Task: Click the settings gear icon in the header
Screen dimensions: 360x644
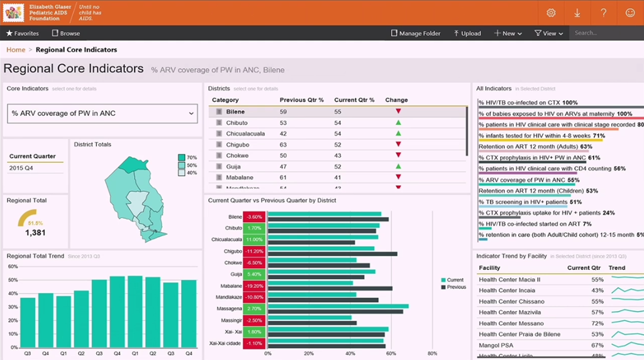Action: click(551, 13)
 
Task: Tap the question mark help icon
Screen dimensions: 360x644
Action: click(603, 13)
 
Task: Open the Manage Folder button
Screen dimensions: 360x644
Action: click(416, 33)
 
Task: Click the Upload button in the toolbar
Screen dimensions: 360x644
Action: click(467, 33)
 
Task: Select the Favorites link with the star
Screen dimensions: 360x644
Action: click(22, 33)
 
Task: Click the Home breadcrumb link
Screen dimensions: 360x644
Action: click(16, 50)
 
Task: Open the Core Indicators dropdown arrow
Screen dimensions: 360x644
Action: click(192, 113)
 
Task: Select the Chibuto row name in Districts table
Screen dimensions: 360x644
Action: click(236, 123)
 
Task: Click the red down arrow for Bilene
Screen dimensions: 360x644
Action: click(398, 111)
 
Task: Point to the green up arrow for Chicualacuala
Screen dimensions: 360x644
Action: click(398, 133)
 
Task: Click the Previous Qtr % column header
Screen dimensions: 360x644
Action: click(301, 100)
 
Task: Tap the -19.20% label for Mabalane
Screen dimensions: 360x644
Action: click(255, 286)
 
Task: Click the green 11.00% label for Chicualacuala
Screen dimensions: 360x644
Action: click(255, 240)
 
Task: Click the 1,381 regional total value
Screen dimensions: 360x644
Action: click(35, 233)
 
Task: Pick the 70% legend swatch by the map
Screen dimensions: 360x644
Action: click(182, 157)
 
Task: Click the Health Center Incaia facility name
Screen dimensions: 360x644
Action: click(507, 290)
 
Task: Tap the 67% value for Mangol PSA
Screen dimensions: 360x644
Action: click(597, 346)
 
